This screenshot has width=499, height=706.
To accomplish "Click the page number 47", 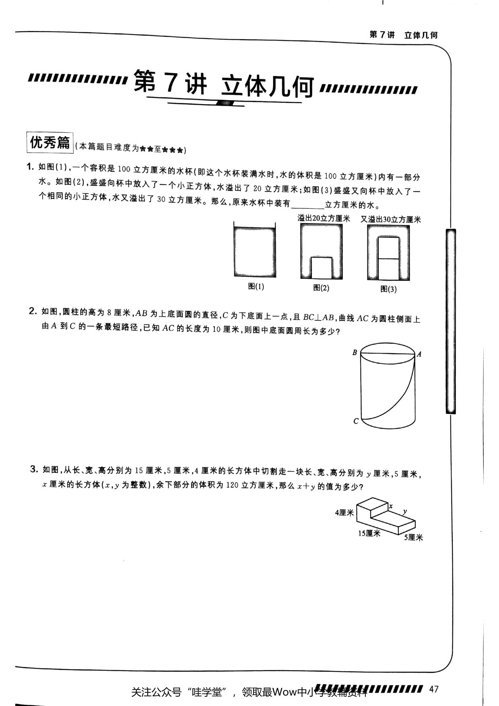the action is point(433,689).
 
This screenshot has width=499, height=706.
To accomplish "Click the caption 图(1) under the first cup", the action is point(256,286).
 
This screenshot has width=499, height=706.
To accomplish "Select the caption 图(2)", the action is point(321,288).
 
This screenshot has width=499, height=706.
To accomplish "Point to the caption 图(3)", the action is point(388,289).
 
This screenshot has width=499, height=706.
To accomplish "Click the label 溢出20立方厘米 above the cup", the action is point(324,218).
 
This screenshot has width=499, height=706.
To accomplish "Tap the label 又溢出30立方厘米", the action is point(391,219).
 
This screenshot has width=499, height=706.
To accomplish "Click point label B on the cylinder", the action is point(355,352).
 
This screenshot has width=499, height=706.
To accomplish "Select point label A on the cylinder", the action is point(419,354).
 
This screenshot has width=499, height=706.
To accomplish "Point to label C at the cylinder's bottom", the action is point(356,421).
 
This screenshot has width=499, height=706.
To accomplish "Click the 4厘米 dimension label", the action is point(344,513).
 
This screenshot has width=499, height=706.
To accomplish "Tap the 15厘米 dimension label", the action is point(369,533).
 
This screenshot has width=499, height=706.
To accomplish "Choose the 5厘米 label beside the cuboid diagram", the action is point(414,537).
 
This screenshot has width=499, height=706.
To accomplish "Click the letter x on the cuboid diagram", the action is point(390,506).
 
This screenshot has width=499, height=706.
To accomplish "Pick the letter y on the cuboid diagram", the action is point(405,511).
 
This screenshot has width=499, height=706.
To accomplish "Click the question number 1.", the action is point(29,167).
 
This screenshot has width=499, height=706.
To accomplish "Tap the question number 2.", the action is point(32,311).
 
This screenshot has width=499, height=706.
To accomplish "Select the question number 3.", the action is point(34,469).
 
